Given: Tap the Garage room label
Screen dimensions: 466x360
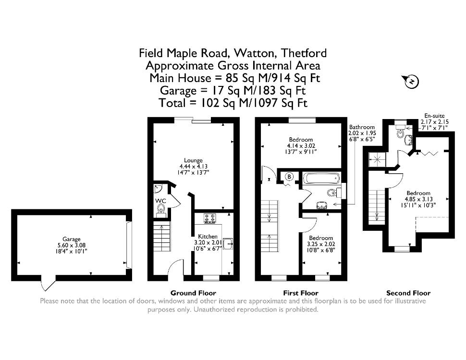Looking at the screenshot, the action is pos(71,239).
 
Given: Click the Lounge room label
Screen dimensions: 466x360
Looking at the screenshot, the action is pos(193,160).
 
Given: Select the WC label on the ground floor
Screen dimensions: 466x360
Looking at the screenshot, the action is pos(160,201).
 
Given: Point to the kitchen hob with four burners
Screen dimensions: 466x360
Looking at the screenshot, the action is pos(210,218).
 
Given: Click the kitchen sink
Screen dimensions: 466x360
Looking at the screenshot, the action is pos(228,244).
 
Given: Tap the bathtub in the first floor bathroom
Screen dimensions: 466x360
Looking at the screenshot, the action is pos(321,179).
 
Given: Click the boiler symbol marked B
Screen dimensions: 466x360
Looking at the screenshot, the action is pos(289,177).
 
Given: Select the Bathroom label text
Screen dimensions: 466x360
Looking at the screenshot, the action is pos(362,127).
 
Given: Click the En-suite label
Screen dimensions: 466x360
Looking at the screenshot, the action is pos(434,116).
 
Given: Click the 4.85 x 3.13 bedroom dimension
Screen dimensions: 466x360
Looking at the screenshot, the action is pos(419,199).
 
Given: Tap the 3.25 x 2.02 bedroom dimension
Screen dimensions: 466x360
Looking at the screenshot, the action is pos(321,244).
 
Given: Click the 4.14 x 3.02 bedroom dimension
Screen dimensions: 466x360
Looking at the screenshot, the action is pos(301,146).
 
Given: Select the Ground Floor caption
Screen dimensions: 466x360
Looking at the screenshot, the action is pos(193,293).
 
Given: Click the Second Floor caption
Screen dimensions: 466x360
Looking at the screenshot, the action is pos(408,293).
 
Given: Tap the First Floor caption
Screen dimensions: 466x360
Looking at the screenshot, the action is pos(301,293).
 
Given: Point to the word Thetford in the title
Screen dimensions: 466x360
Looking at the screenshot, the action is pos(304,53).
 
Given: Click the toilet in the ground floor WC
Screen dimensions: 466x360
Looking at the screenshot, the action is pos(161,209).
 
